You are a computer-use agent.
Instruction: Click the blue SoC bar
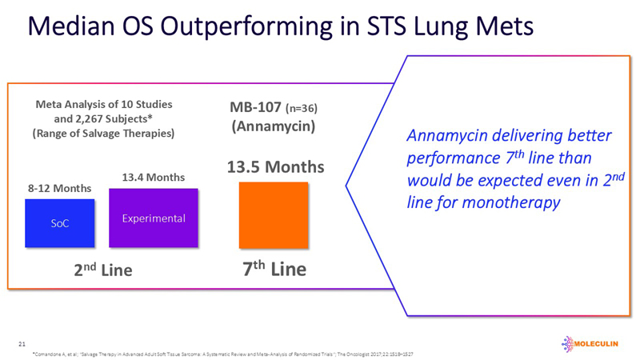(x=59, y=222)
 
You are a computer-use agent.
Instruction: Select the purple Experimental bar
(x=153, y=218)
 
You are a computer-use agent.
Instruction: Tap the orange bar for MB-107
(x=274, y=214)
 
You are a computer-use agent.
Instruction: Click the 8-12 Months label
(x=60, y=188)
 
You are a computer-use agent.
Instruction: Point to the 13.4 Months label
(x=153, y=177)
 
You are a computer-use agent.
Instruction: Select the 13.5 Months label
(x=276, y=167)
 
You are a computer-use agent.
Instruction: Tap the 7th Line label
(x=274, y=270)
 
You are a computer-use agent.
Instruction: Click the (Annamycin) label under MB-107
(x=275, y=126)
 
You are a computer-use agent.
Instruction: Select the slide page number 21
(x=22, y=343)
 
